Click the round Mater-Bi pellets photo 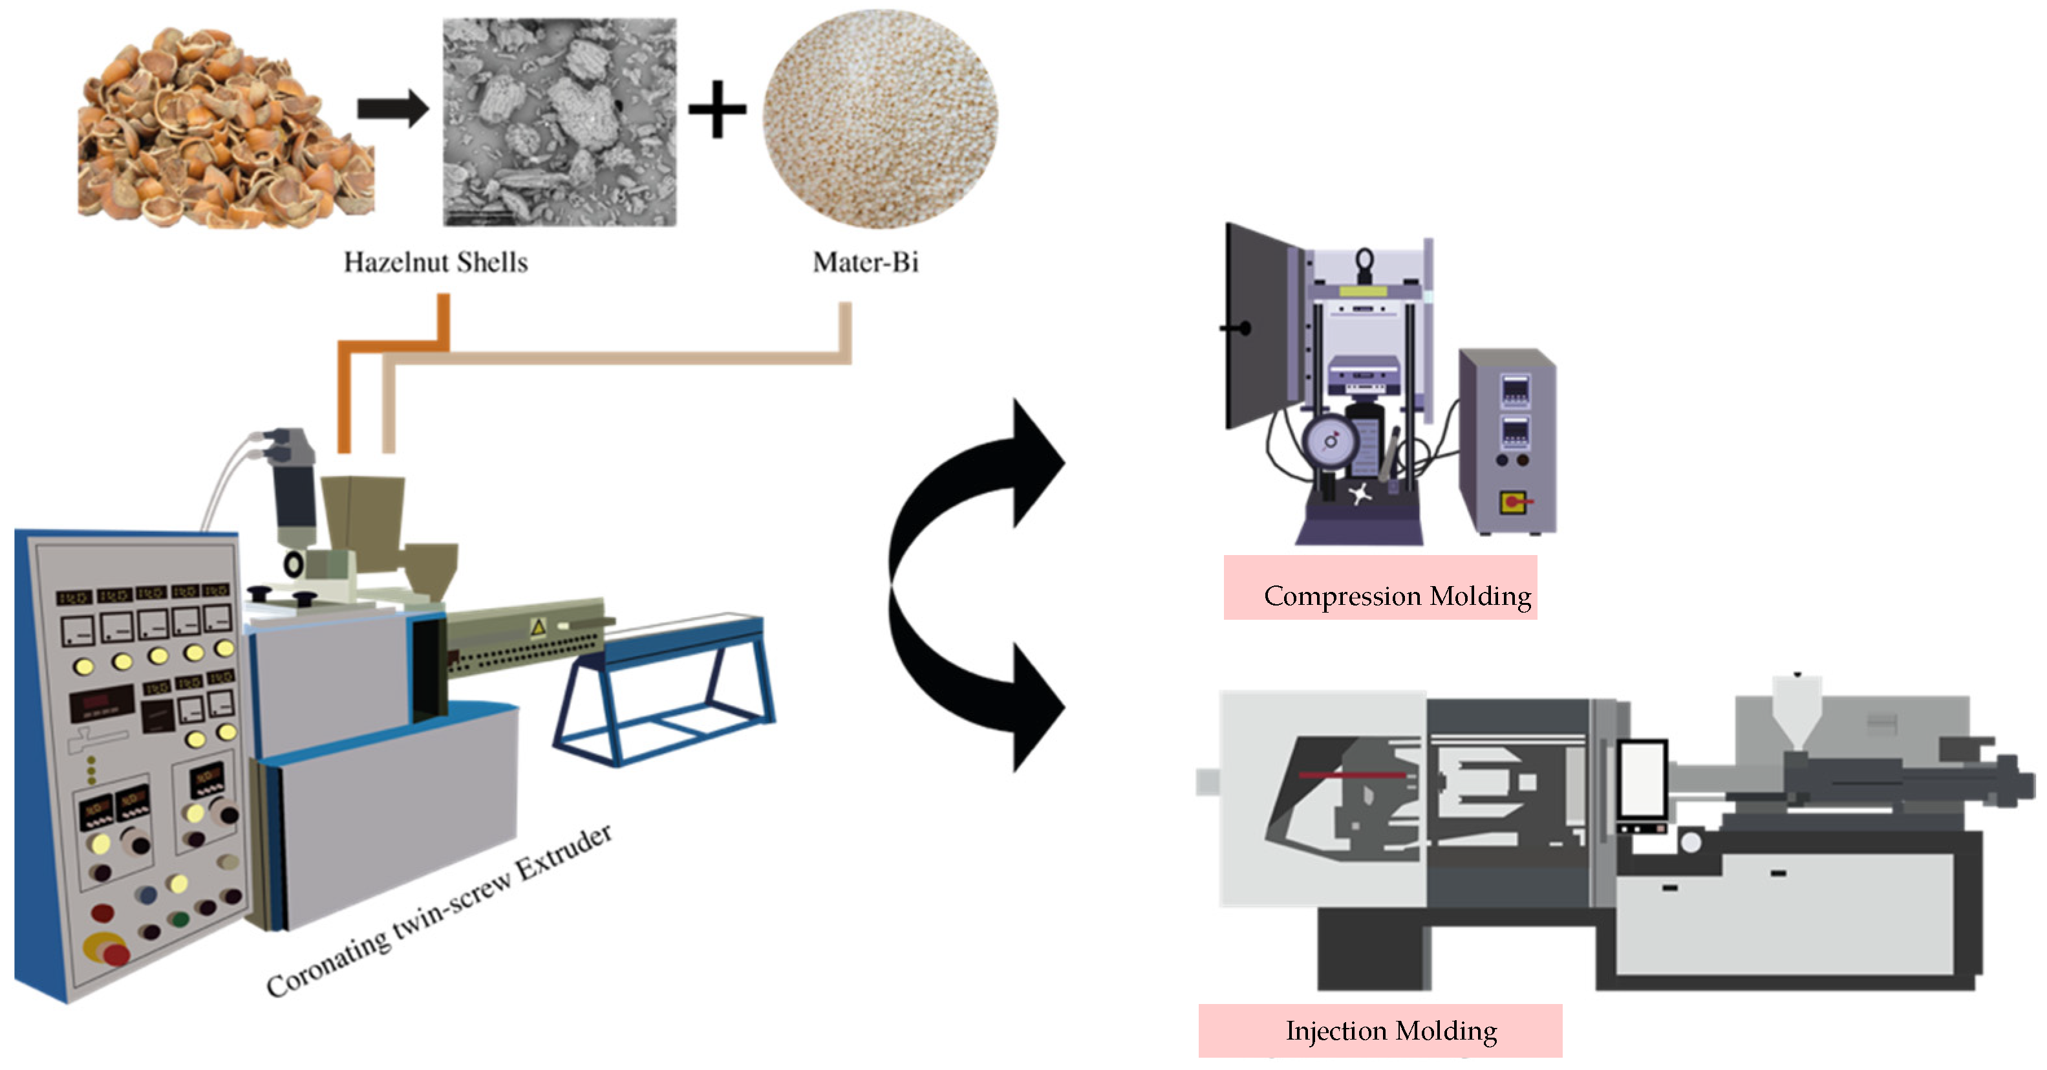(881, 119)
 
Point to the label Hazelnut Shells (436, 263)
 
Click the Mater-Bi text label (865, 263)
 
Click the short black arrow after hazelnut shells (392, 109)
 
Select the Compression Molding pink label (1380, 588)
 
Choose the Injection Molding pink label (1380, 1031)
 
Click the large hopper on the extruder (364, 521)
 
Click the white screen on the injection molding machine (1642, 778)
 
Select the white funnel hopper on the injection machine (1797, 712)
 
